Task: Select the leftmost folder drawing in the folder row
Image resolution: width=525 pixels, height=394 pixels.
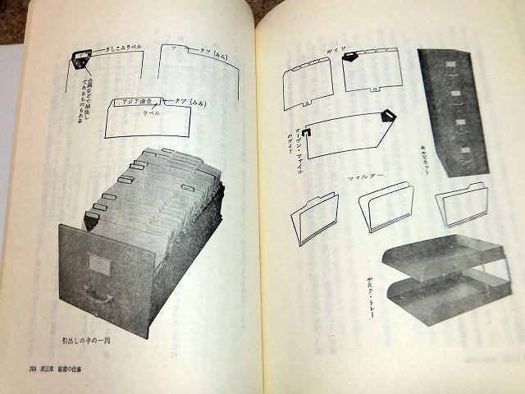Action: pos(314,218)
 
